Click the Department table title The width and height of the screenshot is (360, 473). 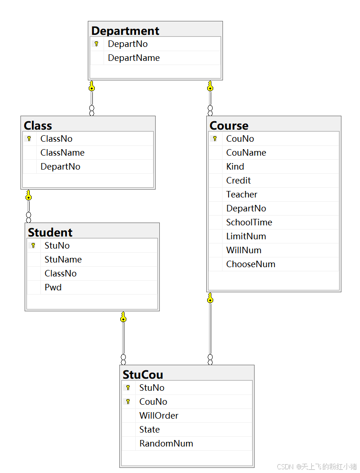(x=125, y=31)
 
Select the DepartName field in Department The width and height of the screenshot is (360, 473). (x=134, y=58)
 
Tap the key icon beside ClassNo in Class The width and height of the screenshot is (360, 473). (x=29, y=138)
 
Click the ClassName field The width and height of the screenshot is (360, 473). (x=62, y=152)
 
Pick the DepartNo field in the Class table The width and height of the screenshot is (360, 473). (x=60, y=166)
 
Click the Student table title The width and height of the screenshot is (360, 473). (x=50, y=232)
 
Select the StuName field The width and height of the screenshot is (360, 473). (x=63, y=259)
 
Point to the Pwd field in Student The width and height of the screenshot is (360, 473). (x=53, y=287)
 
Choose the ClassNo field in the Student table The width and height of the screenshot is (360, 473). (x=60, y=273)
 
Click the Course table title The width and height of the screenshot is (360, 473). (x=229, y=125)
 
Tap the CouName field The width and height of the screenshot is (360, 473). (x=246, y=152)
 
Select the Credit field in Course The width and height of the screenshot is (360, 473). (x=238, y=180)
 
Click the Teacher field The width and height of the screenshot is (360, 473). (x=242, y=194)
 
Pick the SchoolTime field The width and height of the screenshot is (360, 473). (x=249, y=222)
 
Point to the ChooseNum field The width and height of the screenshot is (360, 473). (x=251, y=264)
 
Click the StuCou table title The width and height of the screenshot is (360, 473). (x=143, y=374)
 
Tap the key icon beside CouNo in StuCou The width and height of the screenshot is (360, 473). (x=128, y=401)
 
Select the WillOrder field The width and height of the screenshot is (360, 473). (x=159, y=415)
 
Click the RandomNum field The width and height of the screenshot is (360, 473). (x=166, y=443)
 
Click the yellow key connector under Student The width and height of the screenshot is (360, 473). (x=123, y=317)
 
